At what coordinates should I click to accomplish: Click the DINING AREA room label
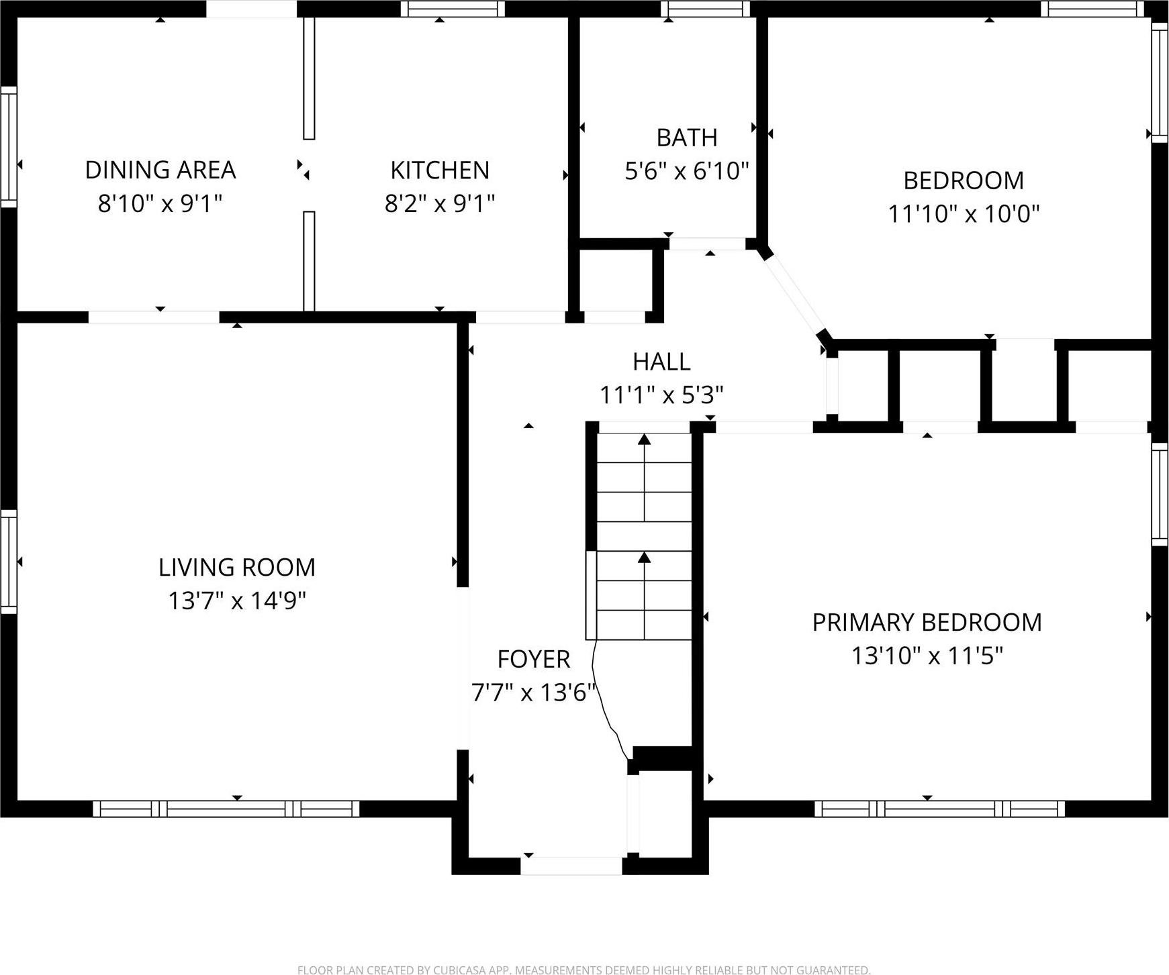pyautogui.click(x=160, y=170)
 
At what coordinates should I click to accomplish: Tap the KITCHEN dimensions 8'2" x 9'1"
pyautogui.click(x=439, y=203)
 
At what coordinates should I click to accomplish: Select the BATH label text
pyautogui.click(x=686, y=138)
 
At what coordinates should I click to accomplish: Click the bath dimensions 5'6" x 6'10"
pyautogui.click(x=686, y=170)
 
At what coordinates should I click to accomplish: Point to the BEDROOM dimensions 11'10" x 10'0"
pyautogui.click(x=963, y=214)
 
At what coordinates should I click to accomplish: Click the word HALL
pyautogui.click(x=661, y=362)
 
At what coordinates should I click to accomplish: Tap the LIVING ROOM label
pyautogui.click(x=236, y=568)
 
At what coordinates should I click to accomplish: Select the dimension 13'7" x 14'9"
pyautogui.click(x=236, y=601)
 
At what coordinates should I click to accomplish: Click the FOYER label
pyautogui.click(x=533, y=660)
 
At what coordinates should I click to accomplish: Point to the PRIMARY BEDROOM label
pyautogui.click(x=927, y=623)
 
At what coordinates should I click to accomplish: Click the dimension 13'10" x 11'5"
pyautogui.click(x=927, y=656)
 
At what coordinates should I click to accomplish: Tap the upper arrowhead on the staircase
pyautogui.click(x=645, y=440)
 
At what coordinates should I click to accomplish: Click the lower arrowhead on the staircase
pyautogui.click(x=645, y=557)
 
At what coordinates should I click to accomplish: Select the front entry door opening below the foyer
pyautogui.click(x=571, y=866)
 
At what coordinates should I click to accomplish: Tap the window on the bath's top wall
pyautogui.click(x=704, y=9)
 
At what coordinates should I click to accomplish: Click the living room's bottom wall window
pyautogui.click(x=226, y=809)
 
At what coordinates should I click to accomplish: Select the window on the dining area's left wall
pyautogui.click(x=8, y=146)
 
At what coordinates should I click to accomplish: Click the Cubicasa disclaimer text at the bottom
pyautogui.click(x=583, y=969)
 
